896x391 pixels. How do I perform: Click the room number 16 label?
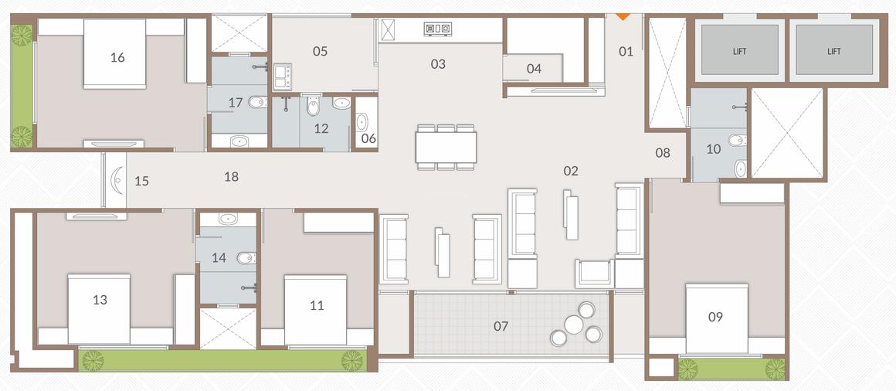click(117, 58)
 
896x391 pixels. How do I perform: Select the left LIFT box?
click(740, 50)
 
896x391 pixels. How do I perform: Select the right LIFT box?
click(833, 50)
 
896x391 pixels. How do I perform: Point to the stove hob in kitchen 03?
click(437, 30)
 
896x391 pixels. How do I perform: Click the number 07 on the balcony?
click(501, 326)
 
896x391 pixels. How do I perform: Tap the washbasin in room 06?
click(363, 121)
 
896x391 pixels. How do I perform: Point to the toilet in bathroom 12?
click(313, 107)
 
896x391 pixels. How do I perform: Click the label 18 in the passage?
click(230, 177)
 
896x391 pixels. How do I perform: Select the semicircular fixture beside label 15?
click(116, 180)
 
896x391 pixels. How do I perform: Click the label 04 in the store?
click(534, 69)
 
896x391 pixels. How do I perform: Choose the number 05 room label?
click(320, 52)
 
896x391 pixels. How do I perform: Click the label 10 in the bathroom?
click(713, 148)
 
